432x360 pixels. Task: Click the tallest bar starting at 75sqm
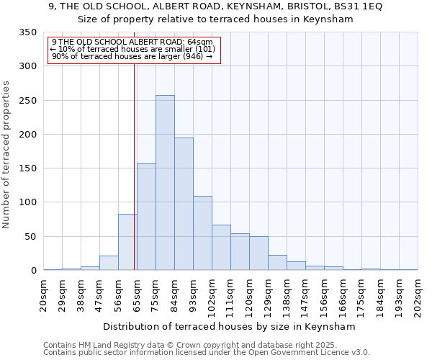click(165, 183)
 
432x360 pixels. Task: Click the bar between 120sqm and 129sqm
click(258, 253)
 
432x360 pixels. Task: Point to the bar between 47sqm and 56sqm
click(109, 263)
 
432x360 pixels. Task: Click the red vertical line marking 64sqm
click(134, 166)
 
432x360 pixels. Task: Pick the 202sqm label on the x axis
click(418, 296)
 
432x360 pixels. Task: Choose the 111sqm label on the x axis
click(230, 296)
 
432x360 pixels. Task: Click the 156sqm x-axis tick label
click(324, 296)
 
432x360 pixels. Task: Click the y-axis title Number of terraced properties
click(6, 155)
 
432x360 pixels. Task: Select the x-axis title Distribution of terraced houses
click(230, 326)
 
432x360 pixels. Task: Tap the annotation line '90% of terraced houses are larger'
click(132, 56)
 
